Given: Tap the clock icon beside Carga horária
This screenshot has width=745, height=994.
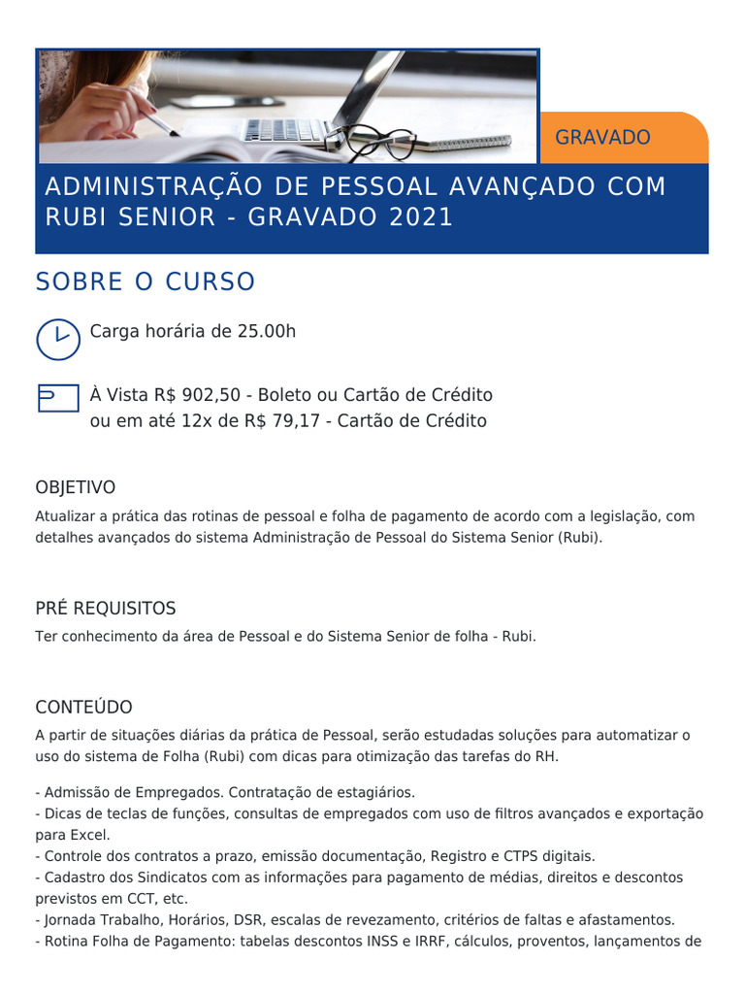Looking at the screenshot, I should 58,338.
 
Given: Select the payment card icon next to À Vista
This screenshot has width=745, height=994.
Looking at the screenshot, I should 58,397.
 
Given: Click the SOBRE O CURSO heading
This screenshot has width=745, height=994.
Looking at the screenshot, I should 146,282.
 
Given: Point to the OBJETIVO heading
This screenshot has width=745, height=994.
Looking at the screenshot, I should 76,487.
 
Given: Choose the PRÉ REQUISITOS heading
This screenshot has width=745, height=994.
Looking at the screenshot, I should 106,609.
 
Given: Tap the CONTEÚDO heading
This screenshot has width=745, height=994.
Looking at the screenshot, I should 83,708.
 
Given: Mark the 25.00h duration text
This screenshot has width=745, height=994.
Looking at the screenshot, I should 267,331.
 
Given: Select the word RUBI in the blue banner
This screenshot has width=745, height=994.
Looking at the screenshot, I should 75,217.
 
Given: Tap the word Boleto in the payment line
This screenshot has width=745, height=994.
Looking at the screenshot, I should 286,395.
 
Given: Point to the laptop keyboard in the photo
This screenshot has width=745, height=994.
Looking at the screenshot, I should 287,129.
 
